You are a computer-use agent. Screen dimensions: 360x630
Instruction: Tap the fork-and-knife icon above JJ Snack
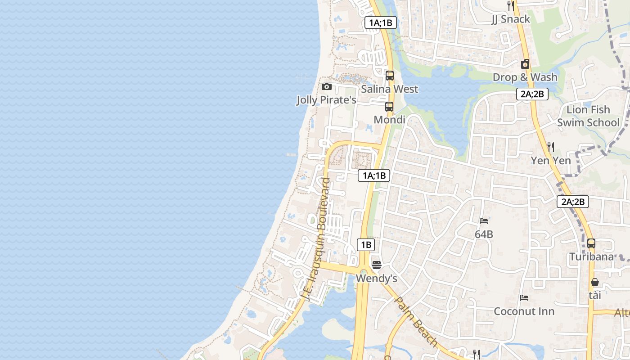pyautogui.click(x=510, y=6)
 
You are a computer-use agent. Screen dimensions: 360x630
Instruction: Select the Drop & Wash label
pyautogui.click(x=525, y=77)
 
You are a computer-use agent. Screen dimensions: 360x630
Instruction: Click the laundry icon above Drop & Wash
pyautogui.click(x=525, y=64)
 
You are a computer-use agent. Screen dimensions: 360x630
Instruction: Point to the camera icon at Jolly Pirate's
pyautogui.click(x=327, y=86)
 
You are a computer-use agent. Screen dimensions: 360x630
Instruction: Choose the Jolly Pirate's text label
pyautogui.click(x=326, y=99)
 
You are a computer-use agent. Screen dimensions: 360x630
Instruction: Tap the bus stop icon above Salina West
pyautogui.click(x=390, y=76)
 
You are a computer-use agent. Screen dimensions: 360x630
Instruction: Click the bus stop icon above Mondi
pyautogui.click(x=389, y=107)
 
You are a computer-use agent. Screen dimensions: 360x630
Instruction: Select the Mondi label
pyautogui.click(x=389, y=120)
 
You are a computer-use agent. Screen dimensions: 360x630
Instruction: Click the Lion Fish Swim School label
pyautogui.click(x=588, y=116)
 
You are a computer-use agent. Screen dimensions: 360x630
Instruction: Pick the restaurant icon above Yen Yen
pyautogui.click(x=550, y=147)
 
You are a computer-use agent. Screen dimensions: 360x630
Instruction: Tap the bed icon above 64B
pyautogui.click(x=484, y=221)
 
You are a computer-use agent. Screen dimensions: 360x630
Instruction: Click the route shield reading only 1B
pyautogui.click(x=366, y=245)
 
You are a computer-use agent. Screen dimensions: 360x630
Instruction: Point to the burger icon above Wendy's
pyautogui.click(x=377, y=265)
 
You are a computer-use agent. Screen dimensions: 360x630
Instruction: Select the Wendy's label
pyautogui.click(x=376, y=279)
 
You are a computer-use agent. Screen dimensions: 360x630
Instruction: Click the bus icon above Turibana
pyautogui.click(x=591, y=243)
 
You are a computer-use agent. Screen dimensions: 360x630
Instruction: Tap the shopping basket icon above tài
pyautogui.click(x=595, y=282)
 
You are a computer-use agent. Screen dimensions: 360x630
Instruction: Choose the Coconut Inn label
pyautogui.click(x=524, y=311)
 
